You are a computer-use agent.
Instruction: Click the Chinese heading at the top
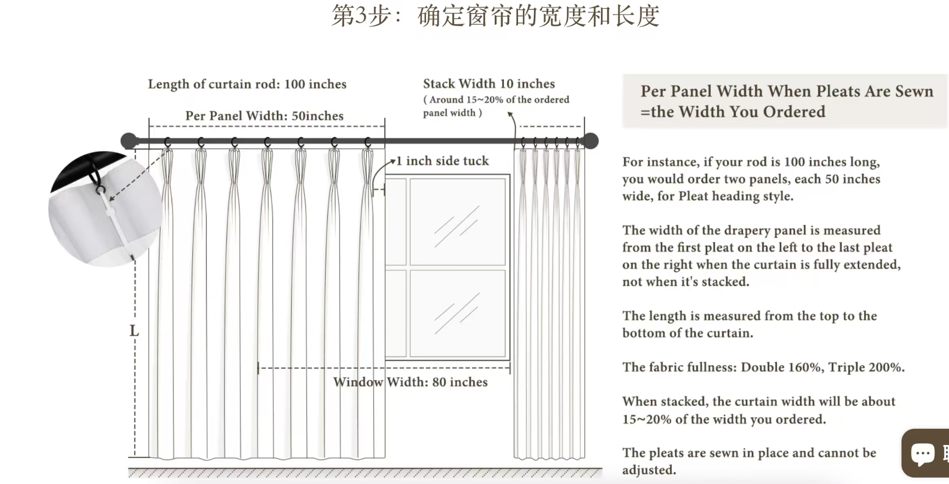click(x=495, y=15)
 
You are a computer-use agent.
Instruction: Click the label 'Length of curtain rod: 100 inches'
click(x=247, y=84)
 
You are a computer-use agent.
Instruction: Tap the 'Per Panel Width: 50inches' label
click(x=264, y=116)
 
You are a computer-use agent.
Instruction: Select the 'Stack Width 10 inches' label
click(x=489, y=83)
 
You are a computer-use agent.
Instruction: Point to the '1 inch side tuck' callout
click(x=442, y=161)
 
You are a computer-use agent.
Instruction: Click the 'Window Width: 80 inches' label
click(x=410, y=382)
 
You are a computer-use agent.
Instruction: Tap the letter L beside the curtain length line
click(x=134, y=330)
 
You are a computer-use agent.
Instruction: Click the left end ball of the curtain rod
click(x=129, y=141)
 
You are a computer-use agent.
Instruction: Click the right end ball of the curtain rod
click(x=591, y=141)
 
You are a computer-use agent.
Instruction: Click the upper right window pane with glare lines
click(x=458, y=222)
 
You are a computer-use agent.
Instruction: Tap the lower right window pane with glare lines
click(x=458, y=313)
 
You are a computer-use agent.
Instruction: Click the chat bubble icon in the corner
click(x=922, y=453)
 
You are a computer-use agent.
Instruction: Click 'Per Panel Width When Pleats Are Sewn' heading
click(x=787, y=91)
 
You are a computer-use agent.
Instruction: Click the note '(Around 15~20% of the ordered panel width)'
click(x=496, y=106)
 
